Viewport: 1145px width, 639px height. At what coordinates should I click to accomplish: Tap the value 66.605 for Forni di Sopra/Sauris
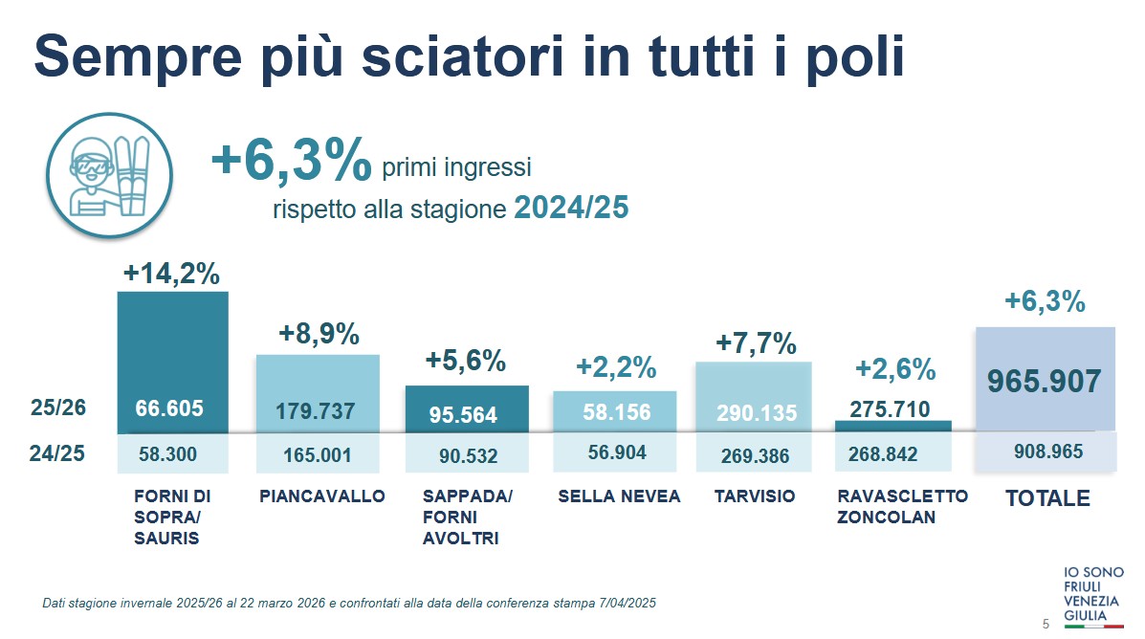tap(168, 409)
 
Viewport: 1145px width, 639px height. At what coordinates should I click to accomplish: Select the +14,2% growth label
tap(171, 274)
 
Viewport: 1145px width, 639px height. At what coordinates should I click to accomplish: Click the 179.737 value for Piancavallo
tap(316, 411)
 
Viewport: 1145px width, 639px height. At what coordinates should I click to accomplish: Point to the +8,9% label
tap(319, 334)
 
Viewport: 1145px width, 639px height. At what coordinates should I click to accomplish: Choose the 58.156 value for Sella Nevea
tap(616, 412)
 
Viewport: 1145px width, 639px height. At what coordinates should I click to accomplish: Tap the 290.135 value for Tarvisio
tap(756, 414)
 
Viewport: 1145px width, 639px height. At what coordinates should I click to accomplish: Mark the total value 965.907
tap(1045, 382)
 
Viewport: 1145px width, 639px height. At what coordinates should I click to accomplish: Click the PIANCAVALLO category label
tap(321, 496)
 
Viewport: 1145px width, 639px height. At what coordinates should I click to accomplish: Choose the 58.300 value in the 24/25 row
tap(167, 454)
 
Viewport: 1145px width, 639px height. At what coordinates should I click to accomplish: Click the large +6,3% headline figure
tap(290, 161)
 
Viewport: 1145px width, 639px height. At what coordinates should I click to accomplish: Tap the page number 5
tap(1045, 625)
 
